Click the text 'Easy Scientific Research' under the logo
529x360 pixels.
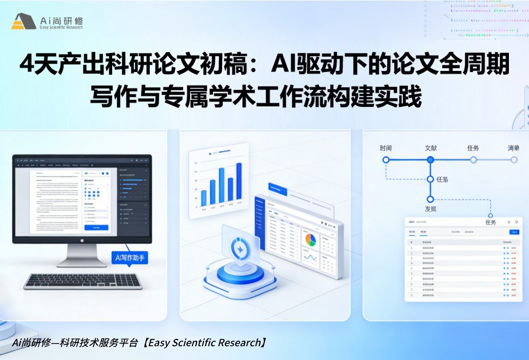(x=61, y=28)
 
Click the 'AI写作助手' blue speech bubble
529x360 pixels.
(x=130, y=258)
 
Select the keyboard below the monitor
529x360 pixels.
(x=83, y=281)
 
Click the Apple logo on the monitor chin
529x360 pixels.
(x=82, y=239)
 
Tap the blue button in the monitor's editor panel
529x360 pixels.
(x=96, y=228)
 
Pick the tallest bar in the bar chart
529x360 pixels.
(x=239, y=182)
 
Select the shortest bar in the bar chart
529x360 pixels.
(x=204, y=198)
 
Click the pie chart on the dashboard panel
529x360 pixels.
(x=310, y=240)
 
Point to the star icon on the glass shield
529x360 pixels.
(x=240, y=249)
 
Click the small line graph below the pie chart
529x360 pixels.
(x=310, y=258)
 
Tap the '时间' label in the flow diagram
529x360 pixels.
(x=386, y=148)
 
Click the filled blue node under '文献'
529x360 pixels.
(x=431, y=159)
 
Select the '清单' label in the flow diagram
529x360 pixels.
(x=514, y=148)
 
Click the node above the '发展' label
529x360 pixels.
(x=431, y=200)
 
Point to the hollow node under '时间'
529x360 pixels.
(x=386, y=159)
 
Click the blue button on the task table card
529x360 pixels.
(x=514, y=232)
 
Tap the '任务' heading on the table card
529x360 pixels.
(x=490, y=222)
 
